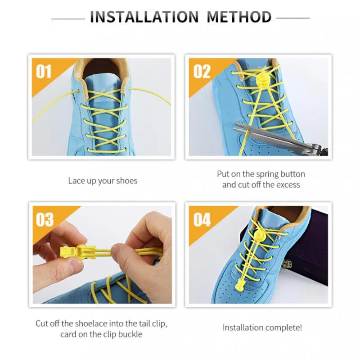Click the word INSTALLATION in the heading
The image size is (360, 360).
point(144,17)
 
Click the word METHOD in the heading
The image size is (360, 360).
point(239,17)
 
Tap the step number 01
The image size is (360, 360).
point(44,72)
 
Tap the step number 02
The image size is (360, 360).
point(202,72)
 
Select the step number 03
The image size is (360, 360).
point(45,219)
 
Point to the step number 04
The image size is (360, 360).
point(202,219)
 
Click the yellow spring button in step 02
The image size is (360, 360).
point(264,79)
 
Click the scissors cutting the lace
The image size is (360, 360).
point(280,137)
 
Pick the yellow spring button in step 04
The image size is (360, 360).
point(259,235)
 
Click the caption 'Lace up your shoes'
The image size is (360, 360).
point(103,181)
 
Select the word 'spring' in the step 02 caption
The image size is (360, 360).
point(267,174)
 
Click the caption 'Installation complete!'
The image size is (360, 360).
point(262,328)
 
